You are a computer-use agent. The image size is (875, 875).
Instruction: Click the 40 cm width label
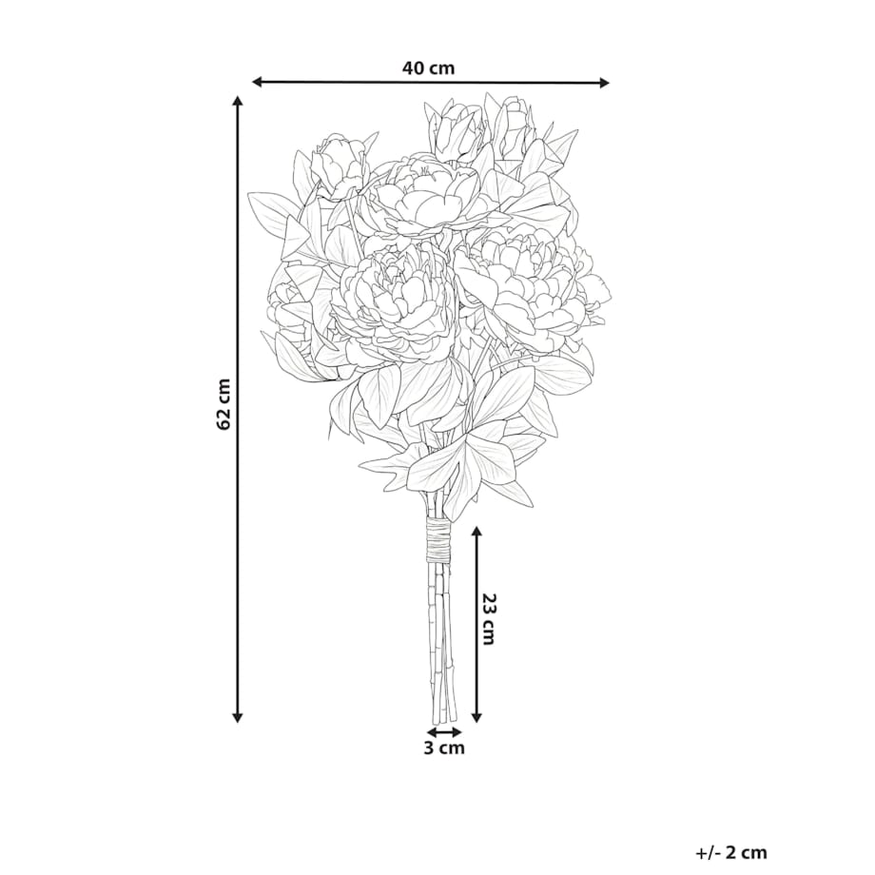pyautogui.click(x=428, y=68)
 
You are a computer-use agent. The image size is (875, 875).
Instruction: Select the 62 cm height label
pyautogui.click(x=224, y=403)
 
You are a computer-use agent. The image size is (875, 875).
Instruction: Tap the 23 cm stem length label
pyautogui.click(x=488, y=619)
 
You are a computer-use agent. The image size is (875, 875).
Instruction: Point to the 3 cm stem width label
pyautogui.click(x=443, y=749)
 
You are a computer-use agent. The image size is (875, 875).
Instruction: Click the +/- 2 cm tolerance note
pyautogui.click(x=730, y=852)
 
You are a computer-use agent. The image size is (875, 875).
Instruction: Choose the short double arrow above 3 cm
pyautogui.click(x=443, y=732)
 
